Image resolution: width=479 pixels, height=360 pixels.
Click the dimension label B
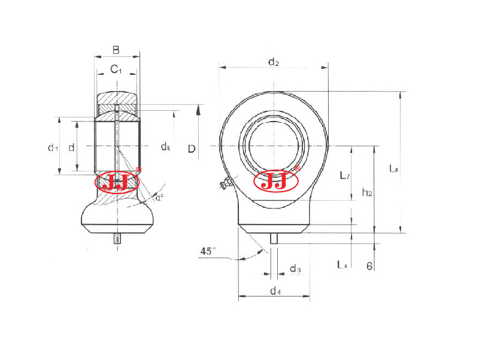pyautogui.click(x=116, y=50)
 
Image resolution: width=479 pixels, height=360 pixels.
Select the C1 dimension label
pyautogui.click(x=116, y=70)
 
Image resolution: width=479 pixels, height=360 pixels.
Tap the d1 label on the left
pyautogui.click(x=53, y=147)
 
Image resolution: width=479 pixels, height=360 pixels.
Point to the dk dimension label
pyautogui.click(x=165, y=147)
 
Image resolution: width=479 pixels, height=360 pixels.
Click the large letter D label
pyautogui.click(x=191, y=148)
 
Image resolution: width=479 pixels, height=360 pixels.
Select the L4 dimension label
pyautogui.click(x=393, y=169)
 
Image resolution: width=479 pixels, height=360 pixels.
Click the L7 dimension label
pyautogui.click(x=344, y=176)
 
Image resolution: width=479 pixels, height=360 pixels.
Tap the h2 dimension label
pyautogui.click(x=367, y=192)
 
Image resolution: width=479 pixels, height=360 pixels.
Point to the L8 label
pyautogui.click(x=342, y=264)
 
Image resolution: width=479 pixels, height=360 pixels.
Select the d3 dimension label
pyautogui.click(x=295, y=269)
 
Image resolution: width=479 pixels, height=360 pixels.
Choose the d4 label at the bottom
pyautogui.click(x=274, y=291)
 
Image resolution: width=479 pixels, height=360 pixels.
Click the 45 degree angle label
pyautogui.click(x=208, y=252)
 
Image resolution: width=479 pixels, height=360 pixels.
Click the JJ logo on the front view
pyautogui.click(x=276, y=181)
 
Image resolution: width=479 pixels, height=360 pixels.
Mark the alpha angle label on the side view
pyautogui.click(x=159, y=197)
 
